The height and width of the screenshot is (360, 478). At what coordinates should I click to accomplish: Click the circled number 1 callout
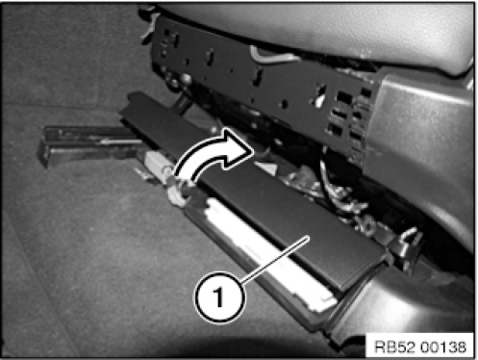tap(219, 297)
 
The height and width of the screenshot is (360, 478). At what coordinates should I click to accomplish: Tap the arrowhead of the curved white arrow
tap(238, 148)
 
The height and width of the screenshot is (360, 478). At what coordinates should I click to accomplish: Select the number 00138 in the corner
tap(443, 347)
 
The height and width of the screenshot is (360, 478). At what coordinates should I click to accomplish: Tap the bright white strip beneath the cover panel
tap(266, 253)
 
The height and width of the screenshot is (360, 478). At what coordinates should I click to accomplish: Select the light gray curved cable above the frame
tap(272, 55)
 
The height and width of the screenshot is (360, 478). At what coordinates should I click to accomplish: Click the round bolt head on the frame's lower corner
tap(185, 78)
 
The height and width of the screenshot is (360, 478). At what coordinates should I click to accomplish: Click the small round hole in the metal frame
tap(284, 104)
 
